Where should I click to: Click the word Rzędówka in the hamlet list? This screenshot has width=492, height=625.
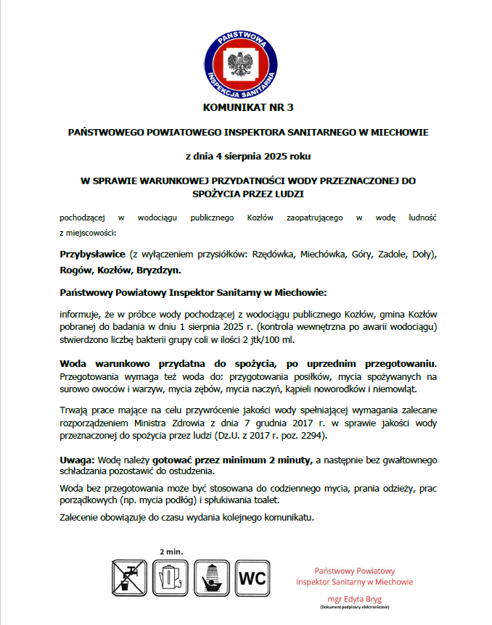(x=274, y=254)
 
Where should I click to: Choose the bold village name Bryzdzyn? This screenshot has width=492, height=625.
(x=159, y=270)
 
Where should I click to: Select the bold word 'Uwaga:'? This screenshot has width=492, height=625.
(x=76, y=460)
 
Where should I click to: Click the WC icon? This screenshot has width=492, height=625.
(x=254, y=578)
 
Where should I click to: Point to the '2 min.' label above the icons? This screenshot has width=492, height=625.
(x=171, y=551)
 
